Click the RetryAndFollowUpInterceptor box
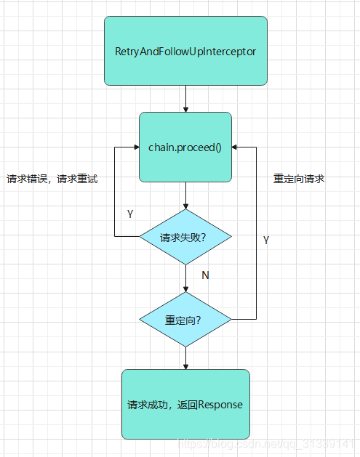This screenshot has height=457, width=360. (x=185, y=51)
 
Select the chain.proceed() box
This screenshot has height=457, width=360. (x=185, y=147)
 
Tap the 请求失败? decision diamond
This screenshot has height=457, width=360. (x=185, y=237)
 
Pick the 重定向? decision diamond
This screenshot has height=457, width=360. (x=185, y=320)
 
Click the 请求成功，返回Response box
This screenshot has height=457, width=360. (x=185, y=404)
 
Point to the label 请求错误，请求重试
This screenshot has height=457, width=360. (x=52, y=179)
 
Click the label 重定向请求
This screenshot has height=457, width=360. (x=298, y=179)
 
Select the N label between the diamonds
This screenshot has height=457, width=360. (x=205, y=276)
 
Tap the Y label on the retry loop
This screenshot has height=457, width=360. (x=130, y=214)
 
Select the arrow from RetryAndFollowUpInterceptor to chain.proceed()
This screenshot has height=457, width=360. (x=185, y=97)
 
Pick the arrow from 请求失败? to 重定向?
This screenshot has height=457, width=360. (x=185, y=278)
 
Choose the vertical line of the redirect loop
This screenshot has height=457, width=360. (x=257, y=232)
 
